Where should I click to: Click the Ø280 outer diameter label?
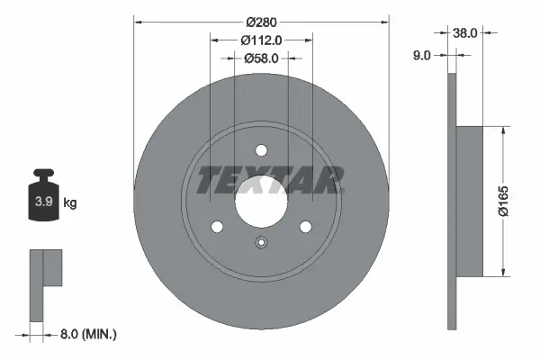(x=262, y=21)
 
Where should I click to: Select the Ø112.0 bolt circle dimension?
(x=262, y=40)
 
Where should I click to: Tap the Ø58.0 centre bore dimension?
(x=262, y=58)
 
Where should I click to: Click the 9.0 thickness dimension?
(x=421, y=55)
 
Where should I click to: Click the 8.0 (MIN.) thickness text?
(x=86, y=334)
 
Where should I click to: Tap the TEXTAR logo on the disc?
(x=269, y=180)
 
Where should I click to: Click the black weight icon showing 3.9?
(x=42, y=201)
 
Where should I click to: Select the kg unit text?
(x=69, y=203)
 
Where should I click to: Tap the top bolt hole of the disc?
(x=262, y=151)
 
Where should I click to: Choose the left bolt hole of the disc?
(x=218, y=227)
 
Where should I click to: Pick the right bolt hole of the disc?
(x=305, y=227)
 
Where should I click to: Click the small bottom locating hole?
(x=262, y=241)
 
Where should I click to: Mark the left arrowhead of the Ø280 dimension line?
(x=139, y=21)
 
